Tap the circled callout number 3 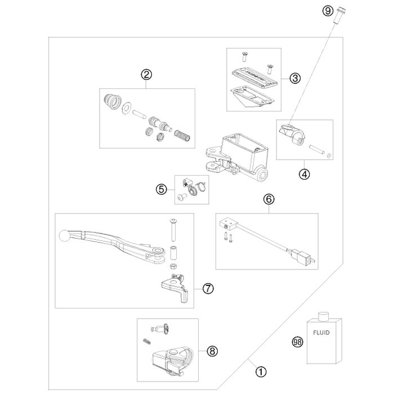[x=295, y=79]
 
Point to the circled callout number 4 [x=305, y=174]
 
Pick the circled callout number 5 [x=162, y=190]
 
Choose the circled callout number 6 [x=269, y=199]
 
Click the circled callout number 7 [x=207, y=289]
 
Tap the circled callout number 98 [x=296, y=341]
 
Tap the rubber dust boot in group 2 [x=113, y=102]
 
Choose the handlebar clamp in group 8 [x=171, y=362]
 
